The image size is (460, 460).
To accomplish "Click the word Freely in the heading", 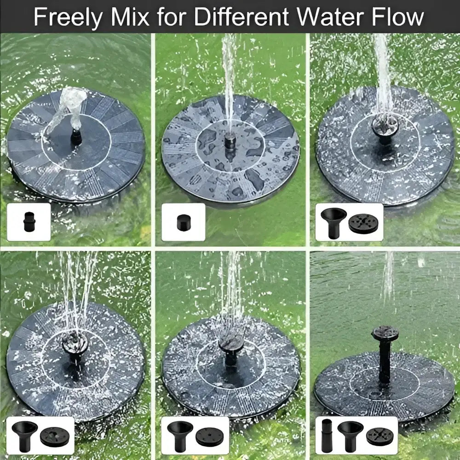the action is (69, 17).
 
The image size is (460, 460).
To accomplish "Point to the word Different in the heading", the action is (241, 17).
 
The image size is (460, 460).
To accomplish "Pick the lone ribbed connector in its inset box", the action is (29, 222).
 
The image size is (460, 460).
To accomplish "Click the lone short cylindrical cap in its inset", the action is (184, 223).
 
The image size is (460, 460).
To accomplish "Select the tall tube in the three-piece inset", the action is (327, 435).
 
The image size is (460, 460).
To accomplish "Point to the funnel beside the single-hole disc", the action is (179, 435).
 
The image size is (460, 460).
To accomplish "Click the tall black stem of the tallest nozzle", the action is (384, 360).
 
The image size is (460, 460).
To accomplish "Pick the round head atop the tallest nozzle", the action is (385, 333).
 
